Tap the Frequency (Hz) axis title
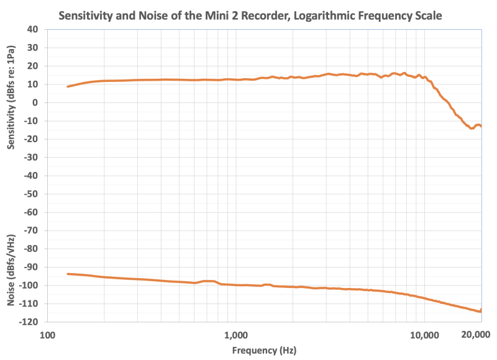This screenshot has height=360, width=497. (265, 350)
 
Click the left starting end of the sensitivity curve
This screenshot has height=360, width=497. (68, 86)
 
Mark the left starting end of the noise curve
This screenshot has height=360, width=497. (68, 274)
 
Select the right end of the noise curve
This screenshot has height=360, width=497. (481, 310)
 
